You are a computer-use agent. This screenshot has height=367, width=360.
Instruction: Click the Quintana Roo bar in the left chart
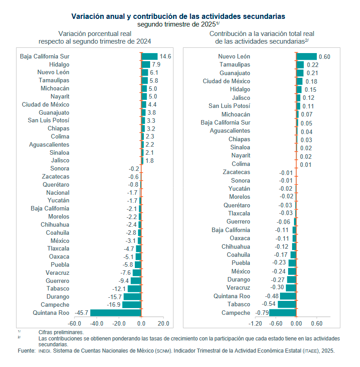[116, 313]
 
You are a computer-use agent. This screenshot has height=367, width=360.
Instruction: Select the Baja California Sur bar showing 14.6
[149, 56]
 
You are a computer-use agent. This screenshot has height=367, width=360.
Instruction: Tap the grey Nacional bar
[141, 192]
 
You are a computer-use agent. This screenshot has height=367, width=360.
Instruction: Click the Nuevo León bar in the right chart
[307, 56]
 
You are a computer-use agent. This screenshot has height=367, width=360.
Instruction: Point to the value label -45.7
[82, 313]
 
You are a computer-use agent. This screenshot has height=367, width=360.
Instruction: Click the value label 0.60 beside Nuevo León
[324, 57]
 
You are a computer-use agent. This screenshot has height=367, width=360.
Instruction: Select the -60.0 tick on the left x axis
[74, 323]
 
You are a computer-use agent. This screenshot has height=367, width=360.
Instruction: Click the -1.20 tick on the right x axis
[255, 323]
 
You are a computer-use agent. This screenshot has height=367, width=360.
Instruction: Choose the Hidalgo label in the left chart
[59, 64]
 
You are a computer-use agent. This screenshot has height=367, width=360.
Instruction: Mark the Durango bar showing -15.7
[133, 296]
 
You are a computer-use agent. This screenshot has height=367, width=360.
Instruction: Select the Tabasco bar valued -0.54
[287, 304]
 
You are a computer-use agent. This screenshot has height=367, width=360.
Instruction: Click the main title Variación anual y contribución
[178, 16]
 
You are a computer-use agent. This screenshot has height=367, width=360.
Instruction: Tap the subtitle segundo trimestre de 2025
[178, 24]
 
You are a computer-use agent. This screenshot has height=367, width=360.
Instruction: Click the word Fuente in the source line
[26, 350]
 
